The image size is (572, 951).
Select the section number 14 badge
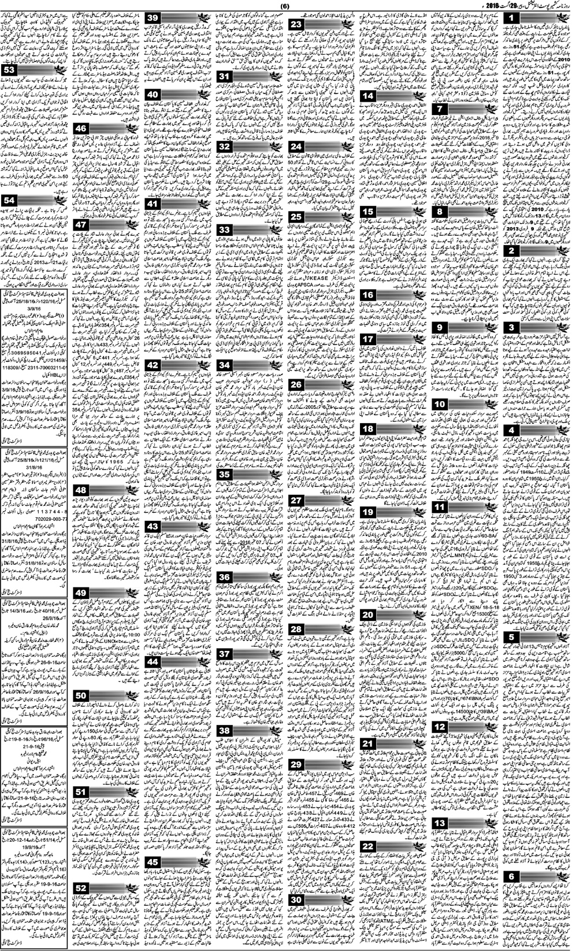tap(370, 96)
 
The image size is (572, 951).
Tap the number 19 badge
tap(370, 512)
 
